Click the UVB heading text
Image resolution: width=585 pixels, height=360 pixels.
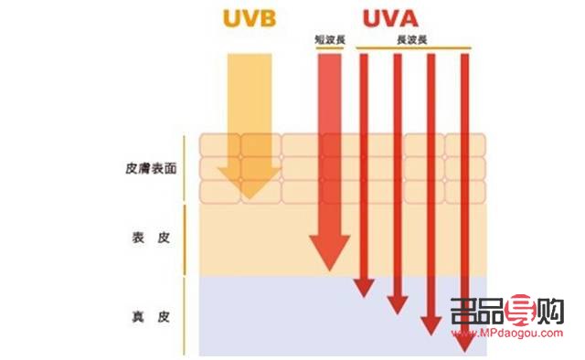tap(250, 19)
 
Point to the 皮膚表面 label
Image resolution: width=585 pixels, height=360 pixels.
tap(151, 169)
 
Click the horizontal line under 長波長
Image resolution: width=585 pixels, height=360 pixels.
tap(412, 48)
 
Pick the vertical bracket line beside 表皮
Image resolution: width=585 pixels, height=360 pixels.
tap(186, 238)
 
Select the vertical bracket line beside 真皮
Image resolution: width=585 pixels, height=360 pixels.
tap(186, 315)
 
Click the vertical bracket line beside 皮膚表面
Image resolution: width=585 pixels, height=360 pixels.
tap(186, 168)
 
